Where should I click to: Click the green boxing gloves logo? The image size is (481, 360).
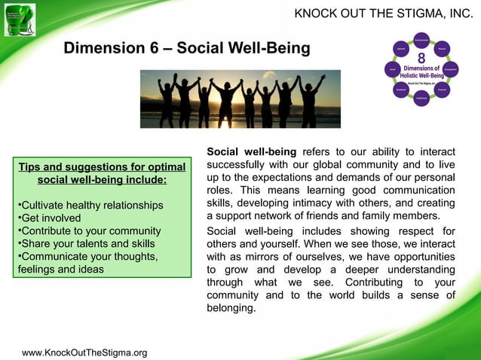tap(20, 20)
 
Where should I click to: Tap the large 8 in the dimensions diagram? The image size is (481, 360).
tap(421, 57)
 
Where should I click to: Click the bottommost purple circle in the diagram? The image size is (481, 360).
tap(421, 99)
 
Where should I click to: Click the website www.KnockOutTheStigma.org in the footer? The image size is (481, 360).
tap(84, 352)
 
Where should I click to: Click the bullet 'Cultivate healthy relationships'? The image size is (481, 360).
tap(90, 206)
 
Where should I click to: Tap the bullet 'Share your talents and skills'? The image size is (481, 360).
tap(87, 243)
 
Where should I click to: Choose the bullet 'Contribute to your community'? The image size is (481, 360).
tap(89, 231)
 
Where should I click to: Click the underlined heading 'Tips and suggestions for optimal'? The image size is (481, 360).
tap(102, 166)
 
